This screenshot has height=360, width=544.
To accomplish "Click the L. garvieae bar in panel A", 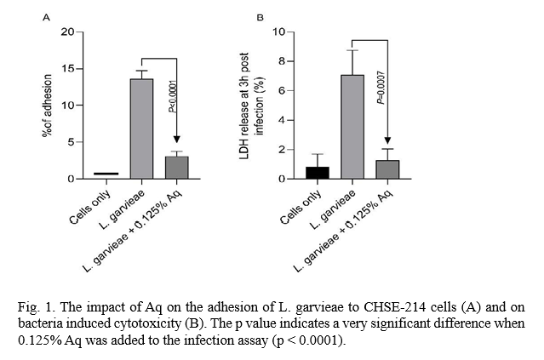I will [141, 128].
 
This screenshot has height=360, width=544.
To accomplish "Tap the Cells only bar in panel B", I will [318, 173].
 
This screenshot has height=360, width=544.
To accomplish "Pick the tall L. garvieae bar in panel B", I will [352, 127].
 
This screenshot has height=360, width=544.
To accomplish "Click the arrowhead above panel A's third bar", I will [176, 139].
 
